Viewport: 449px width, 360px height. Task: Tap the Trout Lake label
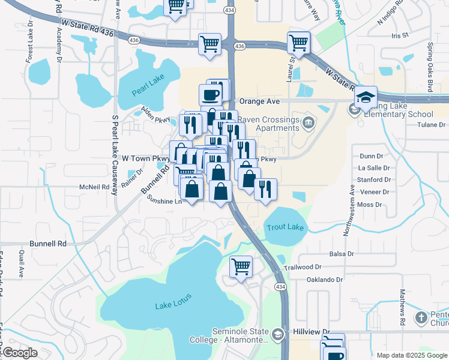(286, 227)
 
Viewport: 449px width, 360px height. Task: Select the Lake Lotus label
(172, 306)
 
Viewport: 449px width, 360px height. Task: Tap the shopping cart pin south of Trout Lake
(241, 266)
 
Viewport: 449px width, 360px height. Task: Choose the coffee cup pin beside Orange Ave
(211, 95)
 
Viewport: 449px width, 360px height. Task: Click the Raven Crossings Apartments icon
(308, 124)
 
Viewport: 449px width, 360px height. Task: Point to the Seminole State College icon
(278, 334)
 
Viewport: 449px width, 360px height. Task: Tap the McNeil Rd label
(95, 187)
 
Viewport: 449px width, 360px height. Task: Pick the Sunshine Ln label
(161, 202)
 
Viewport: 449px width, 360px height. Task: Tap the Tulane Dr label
(432, 125)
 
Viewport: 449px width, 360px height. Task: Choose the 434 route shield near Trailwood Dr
(280, 287)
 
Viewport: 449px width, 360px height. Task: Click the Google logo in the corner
(20, 353)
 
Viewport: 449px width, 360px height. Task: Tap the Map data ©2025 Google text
(411, 355)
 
